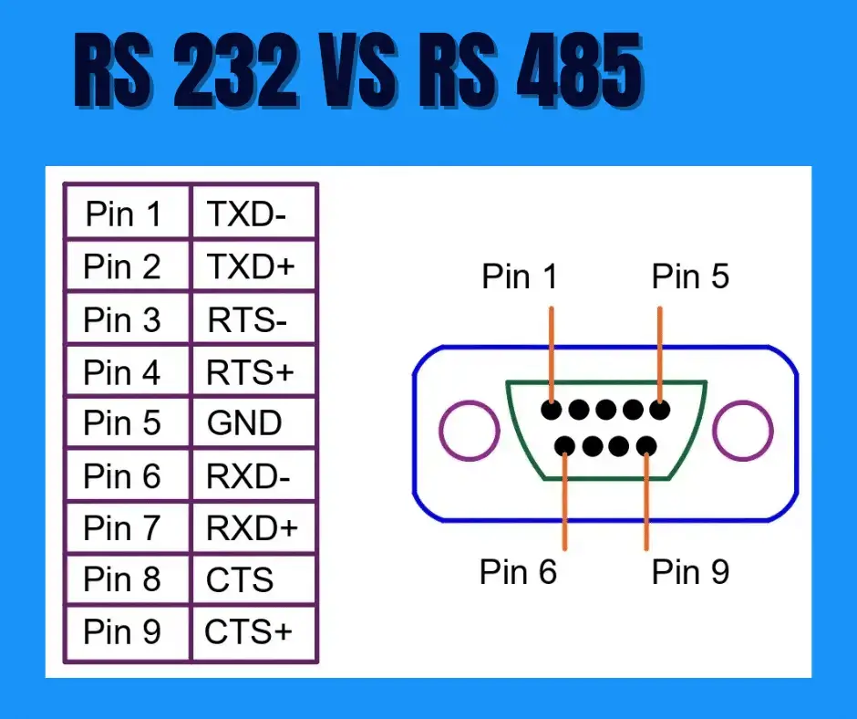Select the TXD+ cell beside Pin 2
pyautogui.click(x=251, y=266)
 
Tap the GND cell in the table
pyautogui.click(x=244, y=423)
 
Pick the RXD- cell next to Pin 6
pyautogui.click(x=247, y=475)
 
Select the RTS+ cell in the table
pyautogui.click(x=247, y=372)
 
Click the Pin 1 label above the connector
pyautogui.click(x=520, y=276)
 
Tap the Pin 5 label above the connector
pyautogui.click(x=690, y=276)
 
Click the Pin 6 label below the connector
pyautogui.click(x=518, y=572)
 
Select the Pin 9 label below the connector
pyautogui.click(x=690, y=572)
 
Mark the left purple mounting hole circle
pyautogui.click(x=469, y=430)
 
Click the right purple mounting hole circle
pyautogui.click(x=742, y=430)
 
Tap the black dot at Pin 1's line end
pyautogui.click(x=551, y=410)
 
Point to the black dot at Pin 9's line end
pyautogui.click(x=646, y=446)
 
